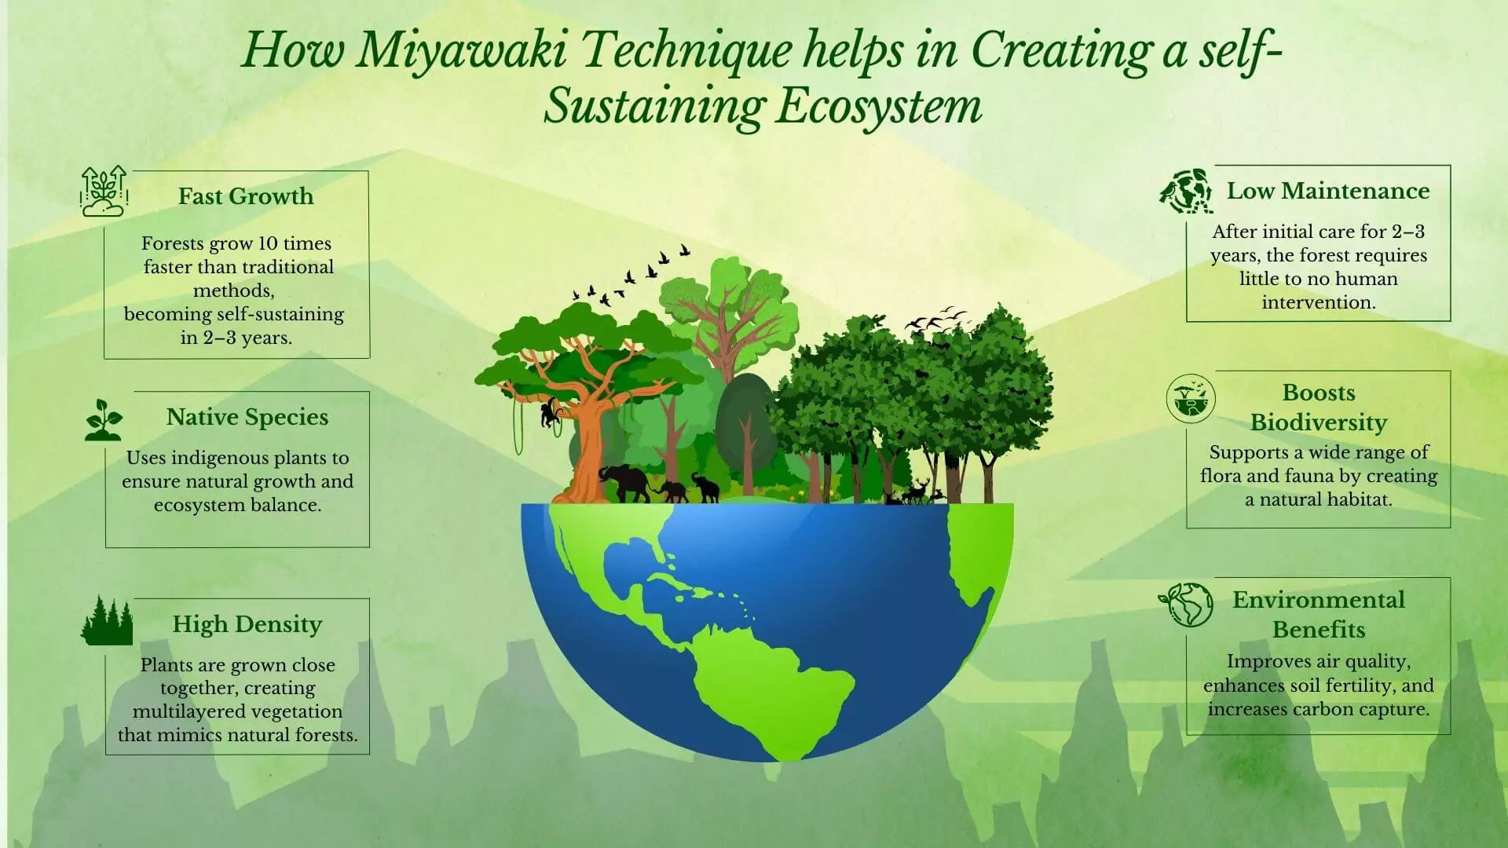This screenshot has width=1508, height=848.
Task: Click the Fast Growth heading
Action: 246,196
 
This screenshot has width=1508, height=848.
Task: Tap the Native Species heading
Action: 247,417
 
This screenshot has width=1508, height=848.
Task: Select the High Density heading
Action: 247,624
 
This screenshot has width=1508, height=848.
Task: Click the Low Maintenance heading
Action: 1328,191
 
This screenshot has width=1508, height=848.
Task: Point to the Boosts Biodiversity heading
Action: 1319,407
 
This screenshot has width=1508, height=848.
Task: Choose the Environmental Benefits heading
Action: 1319,614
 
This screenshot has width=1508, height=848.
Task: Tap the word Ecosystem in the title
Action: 879,108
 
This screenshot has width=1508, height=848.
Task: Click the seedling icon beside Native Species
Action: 104,419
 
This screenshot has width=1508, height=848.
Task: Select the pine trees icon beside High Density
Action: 107,620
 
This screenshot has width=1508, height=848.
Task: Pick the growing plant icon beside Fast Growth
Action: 104,191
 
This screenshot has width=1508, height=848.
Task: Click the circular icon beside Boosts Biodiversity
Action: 1191,398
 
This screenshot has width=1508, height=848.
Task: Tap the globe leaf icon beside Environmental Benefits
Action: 1186,604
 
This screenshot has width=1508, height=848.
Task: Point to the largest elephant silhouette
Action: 624,483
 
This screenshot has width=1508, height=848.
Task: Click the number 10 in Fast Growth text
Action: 269,243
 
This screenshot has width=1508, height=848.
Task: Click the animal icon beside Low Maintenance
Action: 1186,191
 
